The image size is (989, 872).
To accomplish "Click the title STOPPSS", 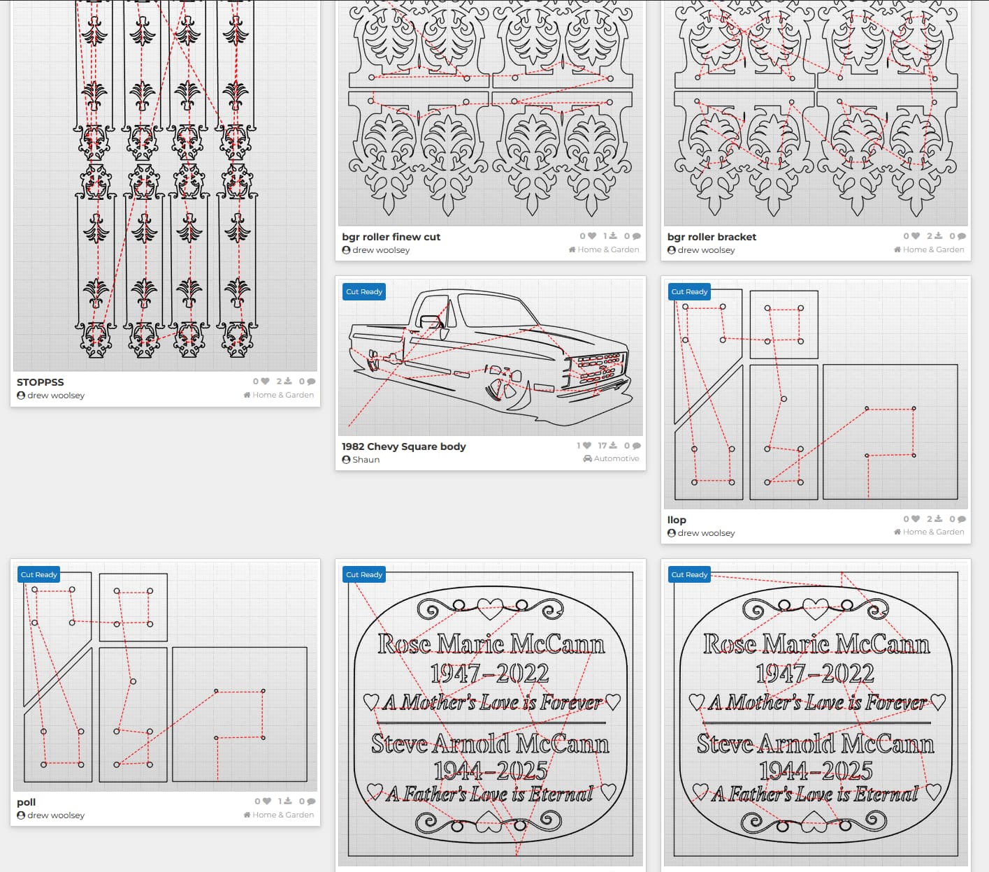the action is (40, 382).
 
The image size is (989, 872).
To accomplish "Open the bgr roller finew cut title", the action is (391, 237).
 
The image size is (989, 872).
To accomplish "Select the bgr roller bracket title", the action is (712, 237).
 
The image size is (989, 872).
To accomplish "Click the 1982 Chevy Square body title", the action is (404, 446).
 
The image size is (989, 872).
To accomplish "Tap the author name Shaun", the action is (366, 460).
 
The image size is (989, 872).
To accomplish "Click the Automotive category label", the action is (616, 458).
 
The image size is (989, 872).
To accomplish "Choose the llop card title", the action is (677, 520).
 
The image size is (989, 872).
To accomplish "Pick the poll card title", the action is (27, 802).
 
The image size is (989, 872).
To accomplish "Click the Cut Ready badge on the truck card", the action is (364, 292).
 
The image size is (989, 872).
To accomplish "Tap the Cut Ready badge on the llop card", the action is (689, 292).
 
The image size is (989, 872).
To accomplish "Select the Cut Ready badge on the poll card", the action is (39, 575).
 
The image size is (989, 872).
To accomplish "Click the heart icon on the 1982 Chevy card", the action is (587, 446).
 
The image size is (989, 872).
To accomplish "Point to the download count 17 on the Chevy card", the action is (602, 446).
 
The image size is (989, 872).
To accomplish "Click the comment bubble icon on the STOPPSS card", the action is (311, 381).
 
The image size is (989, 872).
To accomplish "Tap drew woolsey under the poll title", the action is (56, 815).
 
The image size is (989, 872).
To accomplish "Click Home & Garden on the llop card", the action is (933, 532).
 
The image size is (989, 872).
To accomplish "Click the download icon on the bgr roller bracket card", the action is (938, 236).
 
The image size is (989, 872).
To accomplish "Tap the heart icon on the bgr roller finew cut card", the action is (591, 235).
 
